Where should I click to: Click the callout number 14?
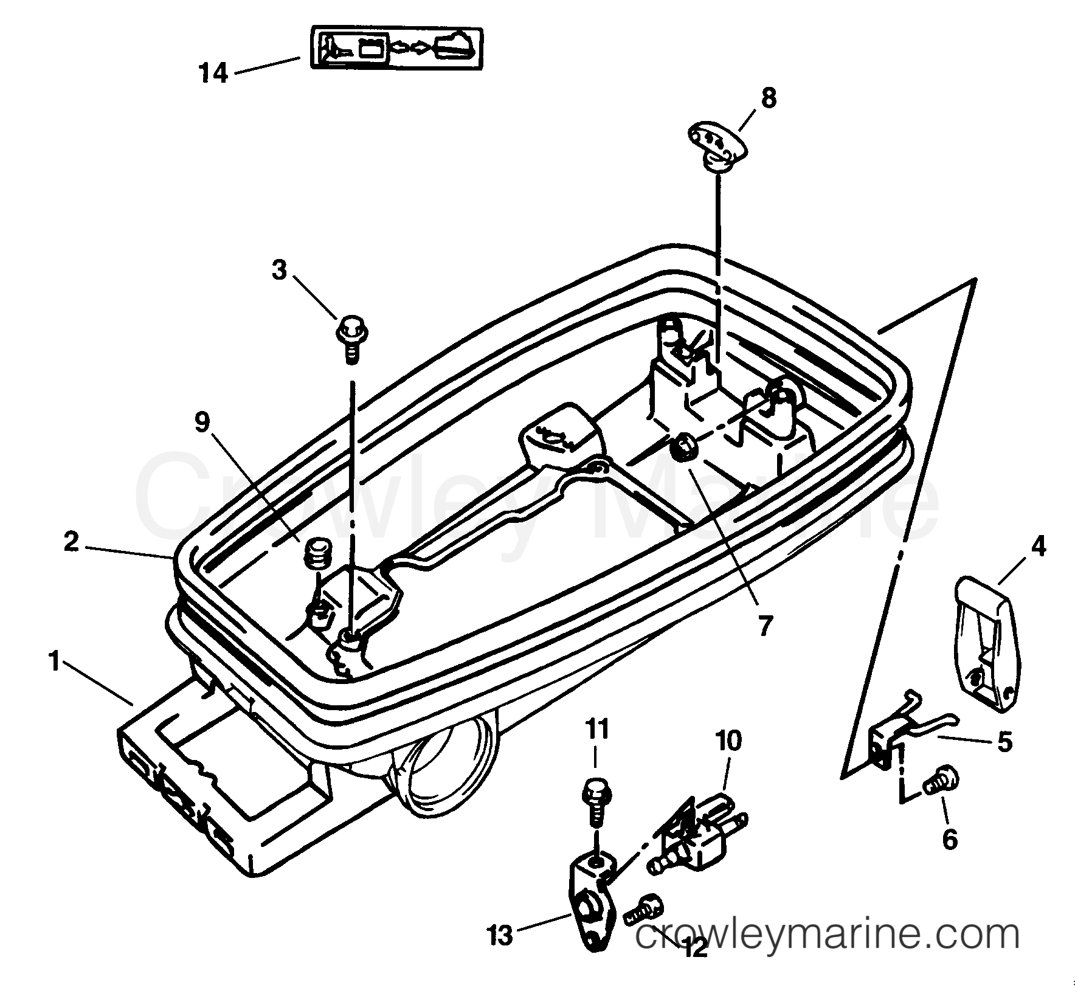(x=214, y=74)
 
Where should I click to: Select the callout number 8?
(x=769, y=98)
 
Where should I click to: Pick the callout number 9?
(x=202, y=422)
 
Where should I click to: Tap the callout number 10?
(x=728, y=741)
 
